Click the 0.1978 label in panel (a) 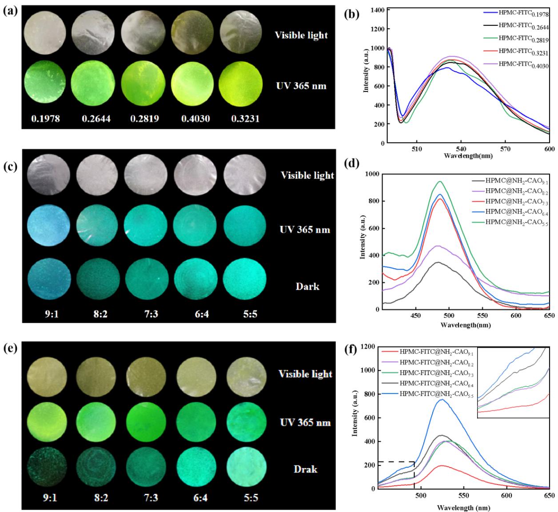(45, 119)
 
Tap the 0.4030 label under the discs (195, 119)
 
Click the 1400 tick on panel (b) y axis (378, 10)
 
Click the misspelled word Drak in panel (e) (306, 469)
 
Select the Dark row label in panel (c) (307, 286)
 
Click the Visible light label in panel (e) (306, 374)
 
